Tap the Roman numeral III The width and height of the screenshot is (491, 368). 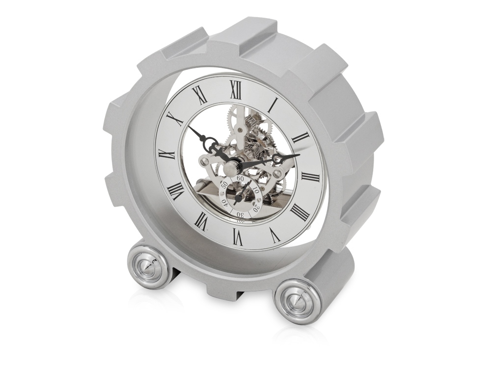pyautogui.click(x=310, y=177)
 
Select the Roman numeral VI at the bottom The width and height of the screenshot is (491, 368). pyautogui.click(x=237, y=237)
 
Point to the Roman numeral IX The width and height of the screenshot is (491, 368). pyautogui.click(x=166, y=154)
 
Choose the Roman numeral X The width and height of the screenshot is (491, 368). pyautogui.click(x=175, y=119)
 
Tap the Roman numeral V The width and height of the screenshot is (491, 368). pyautogui.click(x=274, y=236)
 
